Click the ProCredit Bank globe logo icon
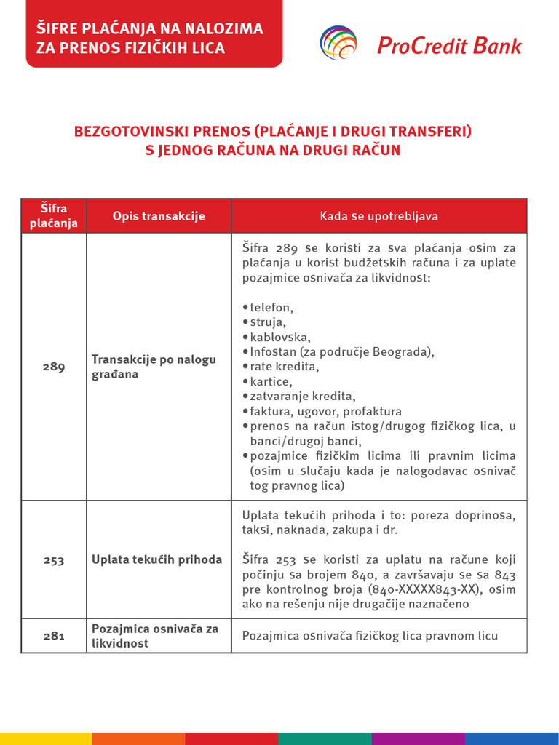coord(338,42)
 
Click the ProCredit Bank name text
coord(450,45)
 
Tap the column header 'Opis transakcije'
coord(159,216)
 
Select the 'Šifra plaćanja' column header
coord(54,216)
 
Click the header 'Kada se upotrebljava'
coord(378,216)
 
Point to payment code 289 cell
coord(54,367)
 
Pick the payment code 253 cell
coord(54,560)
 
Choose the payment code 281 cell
coord(54,636)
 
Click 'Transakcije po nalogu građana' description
coord(154,367)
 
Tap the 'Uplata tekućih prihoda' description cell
coord(156,560)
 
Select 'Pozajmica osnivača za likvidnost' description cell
coord(155,636)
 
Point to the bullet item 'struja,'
coord(268,322)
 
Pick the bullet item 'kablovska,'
coord(280,337)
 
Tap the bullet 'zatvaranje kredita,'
coord(302,397)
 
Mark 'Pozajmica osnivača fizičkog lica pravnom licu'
coord(370,636)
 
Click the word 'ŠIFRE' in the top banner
coord(56,30)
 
